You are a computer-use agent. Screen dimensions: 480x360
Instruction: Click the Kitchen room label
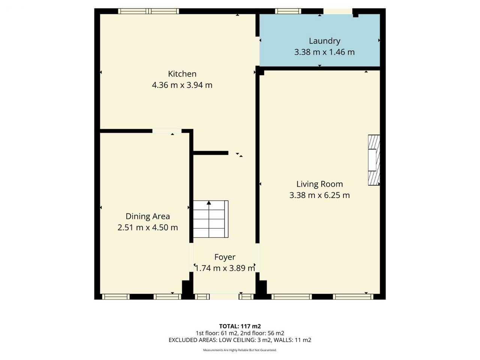pos(182,74)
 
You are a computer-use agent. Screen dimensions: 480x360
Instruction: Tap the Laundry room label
pos(324,41)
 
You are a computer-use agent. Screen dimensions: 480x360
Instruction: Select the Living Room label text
pos(319,184)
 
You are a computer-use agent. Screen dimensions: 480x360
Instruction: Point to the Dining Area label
pos(148,216)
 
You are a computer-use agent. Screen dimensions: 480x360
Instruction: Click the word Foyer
pos(225,257)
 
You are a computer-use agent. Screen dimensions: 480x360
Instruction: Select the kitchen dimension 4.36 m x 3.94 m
pos(182,85)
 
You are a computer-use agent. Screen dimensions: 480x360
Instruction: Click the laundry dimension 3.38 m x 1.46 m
pos(324,52)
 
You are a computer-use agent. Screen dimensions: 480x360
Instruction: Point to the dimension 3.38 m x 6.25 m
pos(319,195)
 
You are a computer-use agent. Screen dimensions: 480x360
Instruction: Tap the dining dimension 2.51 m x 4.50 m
pos(148,228)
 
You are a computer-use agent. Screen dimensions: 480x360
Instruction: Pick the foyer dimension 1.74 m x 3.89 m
pos(225,268)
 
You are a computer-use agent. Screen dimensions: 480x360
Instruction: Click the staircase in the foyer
pos(211,219)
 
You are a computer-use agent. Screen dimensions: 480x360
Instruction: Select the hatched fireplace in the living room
pos(374,160)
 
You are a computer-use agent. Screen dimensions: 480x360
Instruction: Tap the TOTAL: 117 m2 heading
pos(240,326)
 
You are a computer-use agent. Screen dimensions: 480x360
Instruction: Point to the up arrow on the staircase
pos(209,203)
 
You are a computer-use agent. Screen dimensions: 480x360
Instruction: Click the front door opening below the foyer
pos(224,297)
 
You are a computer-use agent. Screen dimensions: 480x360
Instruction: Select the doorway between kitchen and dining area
pos(167,131)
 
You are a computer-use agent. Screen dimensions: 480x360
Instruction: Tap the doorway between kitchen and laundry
pos(258,51)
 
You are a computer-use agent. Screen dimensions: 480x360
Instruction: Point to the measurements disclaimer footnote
pos(240,350)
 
